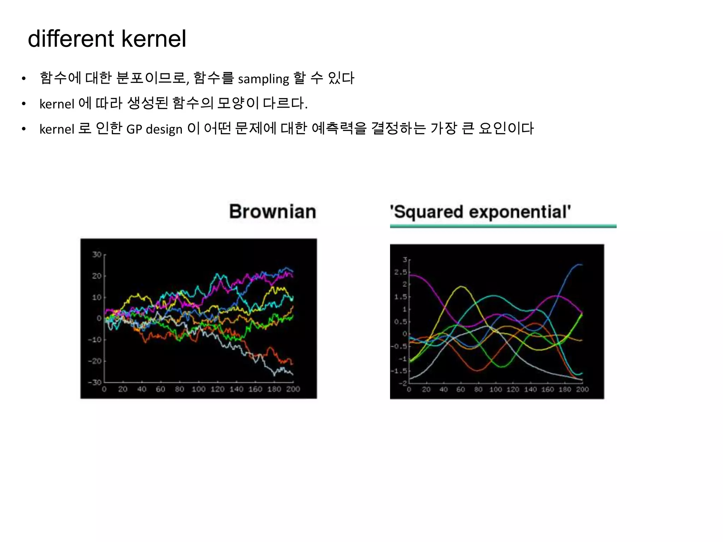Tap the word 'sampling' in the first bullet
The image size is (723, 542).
[263, 79]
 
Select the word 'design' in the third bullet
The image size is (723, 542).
[164, 129]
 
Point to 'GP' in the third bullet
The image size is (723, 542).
[134, 129]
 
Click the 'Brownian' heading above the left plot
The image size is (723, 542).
[273, 212]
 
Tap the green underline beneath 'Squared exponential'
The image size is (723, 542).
[503, 226]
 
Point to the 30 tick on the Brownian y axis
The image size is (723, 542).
[97, 254]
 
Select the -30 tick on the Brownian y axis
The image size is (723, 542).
[95, 383]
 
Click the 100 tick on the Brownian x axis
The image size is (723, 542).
[198, 389]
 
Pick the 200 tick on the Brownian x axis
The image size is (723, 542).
[293, 389]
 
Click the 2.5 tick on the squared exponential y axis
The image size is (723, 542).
[400, 272]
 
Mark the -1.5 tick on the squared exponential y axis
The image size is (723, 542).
[399, 371]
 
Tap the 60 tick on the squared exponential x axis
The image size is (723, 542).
[461, 390]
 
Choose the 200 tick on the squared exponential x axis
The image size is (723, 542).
[582, 390]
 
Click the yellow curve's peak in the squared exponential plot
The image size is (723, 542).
[461, 287]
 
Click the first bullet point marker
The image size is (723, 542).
[24, 79]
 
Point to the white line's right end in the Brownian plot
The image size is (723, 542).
[293, 374]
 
